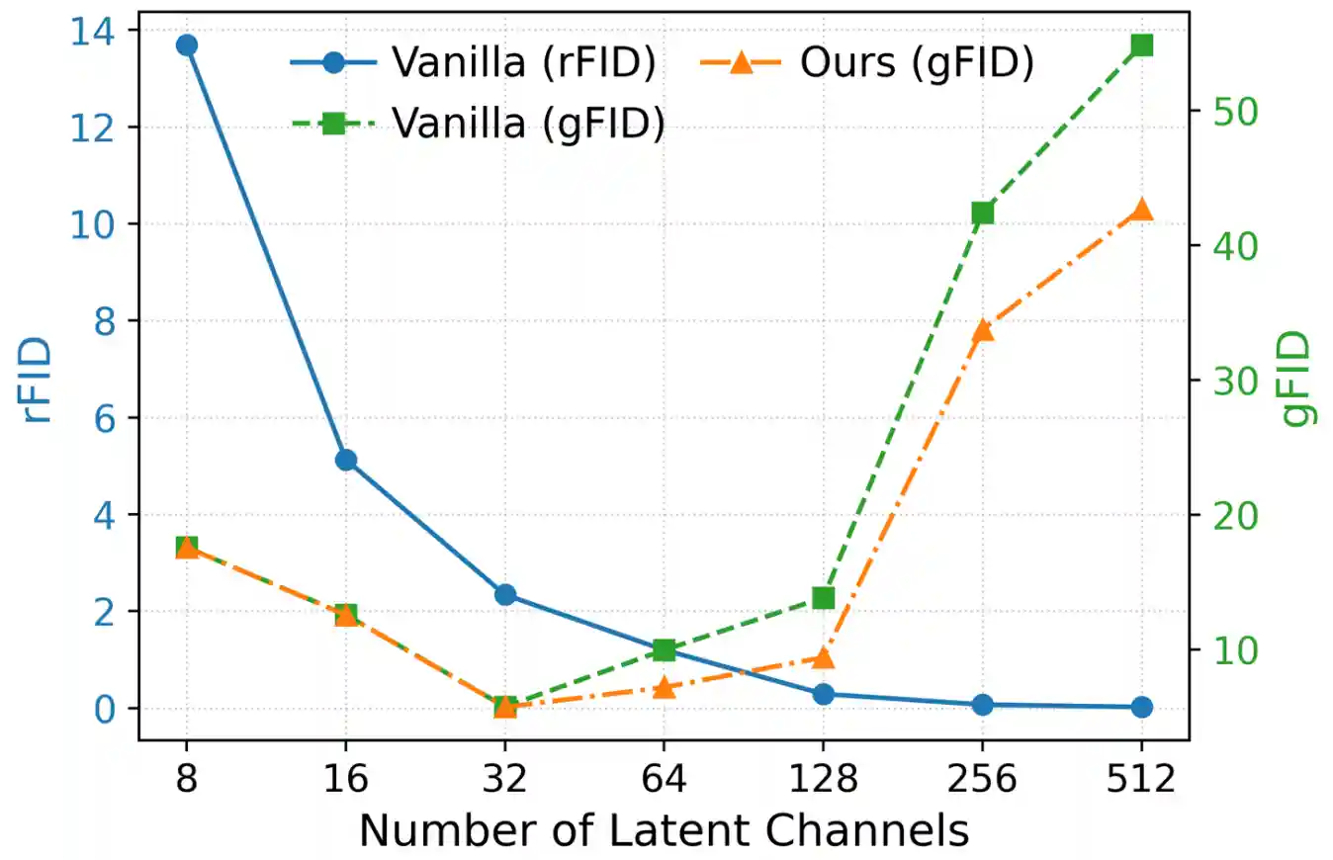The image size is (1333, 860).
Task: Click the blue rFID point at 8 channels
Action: [186, 45]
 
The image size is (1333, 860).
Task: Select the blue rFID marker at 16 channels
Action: [345, 460]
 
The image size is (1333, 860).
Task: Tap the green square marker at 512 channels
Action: [1142, 45]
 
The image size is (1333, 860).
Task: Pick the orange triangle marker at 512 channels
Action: [1142, 210]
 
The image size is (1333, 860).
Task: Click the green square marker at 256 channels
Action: [982, 214]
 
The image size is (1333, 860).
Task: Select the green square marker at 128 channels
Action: [824, 597]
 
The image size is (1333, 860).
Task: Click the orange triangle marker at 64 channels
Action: [665, 687]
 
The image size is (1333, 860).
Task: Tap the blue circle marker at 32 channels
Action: [505, 594]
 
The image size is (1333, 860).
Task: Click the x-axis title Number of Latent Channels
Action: [664, 831]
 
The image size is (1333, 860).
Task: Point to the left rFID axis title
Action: [37, 381]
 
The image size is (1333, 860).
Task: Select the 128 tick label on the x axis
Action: [823, 780]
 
